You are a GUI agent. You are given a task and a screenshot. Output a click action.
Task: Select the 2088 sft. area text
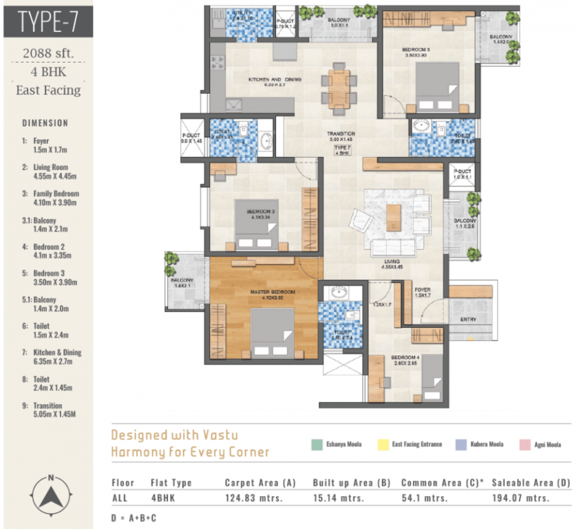point(47,53)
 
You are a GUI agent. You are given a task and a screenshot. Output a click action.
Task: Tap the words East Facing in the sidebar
point(48,90)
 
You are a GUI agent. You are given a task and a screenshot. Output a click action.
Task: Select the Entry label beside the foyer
point(472,320)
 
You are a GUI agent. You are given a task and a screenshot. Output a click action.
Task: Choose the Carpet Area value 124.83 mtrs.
point(253,497)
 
